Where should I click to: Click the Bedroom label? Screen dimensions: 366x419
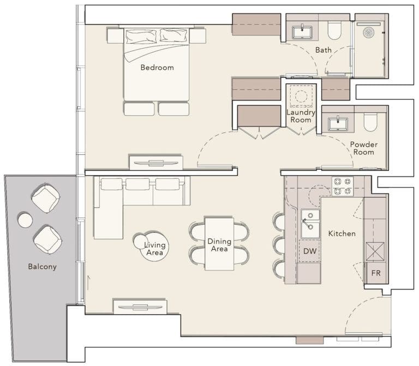pos(157,68)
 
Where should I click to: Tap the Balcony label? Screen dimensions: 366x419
pos(43,267)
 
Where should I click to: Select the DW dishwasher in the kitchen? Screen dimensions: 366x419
pos(310,251)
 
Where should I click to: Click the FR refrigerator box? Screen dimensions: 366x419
pos(376,272)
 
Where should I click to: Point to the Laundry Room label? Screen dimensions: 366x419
pos(301,116)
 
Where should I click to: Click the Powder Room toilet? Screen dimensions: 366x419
pos(370,123)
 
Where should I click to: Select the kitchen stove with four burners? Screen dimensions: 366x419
pos(342,186)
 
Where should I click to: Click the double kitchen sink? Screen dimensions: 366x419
pos(310,224)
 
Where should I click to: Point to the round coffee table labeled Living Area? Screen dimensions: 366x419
pos(151,245)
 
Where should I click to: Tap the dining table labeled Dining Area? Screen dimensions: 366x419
pos(219,243)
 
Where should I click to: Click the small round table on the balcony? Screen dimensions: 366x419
pos(25,220)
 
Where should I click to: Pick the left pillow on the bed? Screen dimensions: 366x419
pos(141,37)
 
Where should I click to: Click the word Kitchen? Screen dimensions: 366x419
pos(342,233)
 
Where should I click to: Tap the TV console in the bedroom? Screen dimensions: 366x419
pos(156,163)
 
